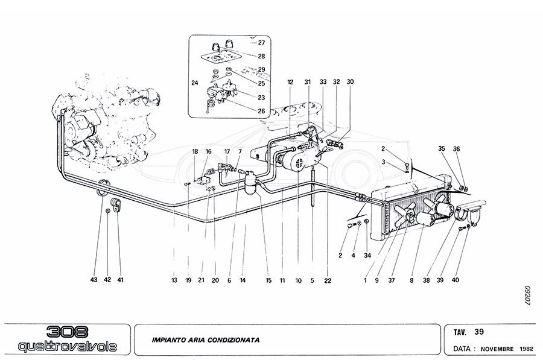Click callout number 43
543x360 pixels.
(94, 280)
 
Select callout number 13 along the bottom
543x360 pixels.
(174, 280)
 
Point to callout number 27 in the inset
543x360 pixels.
(261, 43)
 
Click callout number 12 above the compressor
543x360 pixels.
(290, 81)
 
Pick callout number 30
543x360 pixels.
(351, 81)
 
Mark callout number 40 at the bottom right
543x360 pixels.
(456, 280)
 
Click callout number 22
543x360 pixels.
(328, 280)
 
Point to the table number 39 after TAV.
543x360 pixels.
(479, 331)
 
